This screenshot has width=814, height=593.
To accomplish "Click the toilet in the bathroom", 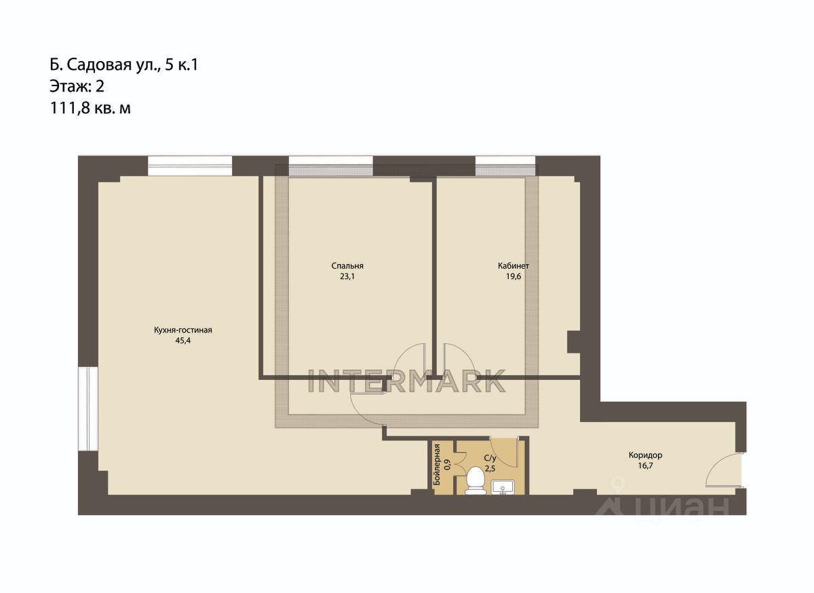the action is [476, 480].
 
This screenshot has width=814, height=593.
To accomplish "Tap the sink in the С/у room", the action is [503, 487].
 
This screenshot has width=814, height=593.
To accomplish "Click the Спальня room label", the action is [347, 266].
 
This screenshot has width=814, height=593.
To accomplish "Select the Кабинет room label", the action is [513, 266].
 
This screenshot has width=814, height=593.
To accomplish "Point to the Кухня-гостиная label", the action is [182, 330].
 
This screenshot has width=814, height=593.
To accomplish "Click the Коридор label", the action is [645, 455].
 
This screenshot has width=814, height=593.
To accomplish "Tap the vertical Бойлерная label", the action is [437, 465].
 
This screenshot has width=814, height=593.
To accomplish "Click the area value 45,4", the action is [182, 341].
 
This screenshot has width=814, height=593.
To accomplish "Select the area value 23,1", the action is [347, 276].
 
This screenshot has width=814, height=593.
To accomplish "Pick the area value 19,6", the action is [513, 276].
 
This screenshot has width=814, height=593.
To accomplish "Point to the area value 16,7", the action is [645, 465].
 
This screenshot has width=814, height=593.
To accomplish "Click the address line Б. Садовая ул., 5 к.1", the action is [124, 65].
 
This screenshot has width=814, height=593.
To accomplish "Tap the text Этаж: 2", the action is [77, 87].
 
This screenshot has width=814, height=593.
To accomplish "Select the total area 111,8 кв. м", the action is [90, 108].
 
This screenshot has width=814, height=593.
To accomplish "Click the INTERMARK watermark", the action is [407, 381].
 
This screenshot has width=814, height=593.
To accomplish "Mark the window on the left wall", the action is [88, 409].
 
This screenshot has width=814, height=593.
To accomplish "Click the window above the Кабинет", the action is [505, 166].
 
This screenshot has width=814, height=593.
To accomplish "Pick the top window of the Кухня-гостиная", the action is [190, 166].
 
